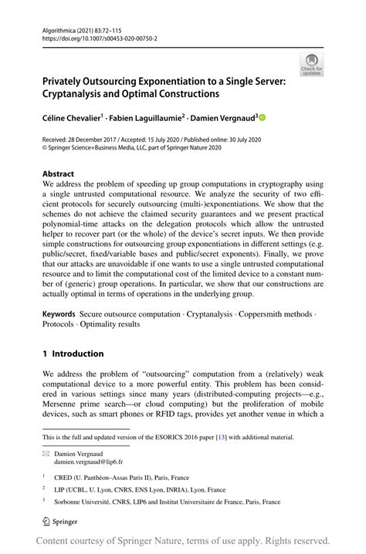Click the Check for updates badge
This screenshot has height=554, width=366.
point(311,65)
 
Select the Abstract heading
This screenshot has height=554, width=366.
point(59,174)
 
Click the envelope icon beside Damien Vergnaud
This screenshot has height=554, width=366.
point(46,453)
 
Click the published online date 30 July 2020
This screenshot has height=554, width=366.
point(268,139)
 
